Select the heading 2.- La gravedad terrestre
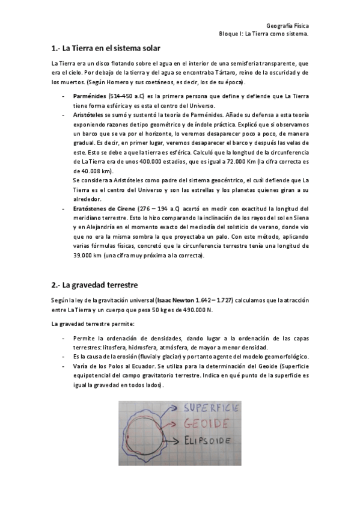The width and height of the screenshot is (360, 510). (95, 284)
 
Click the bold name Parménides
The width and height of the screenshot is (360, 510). (90, 96)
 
